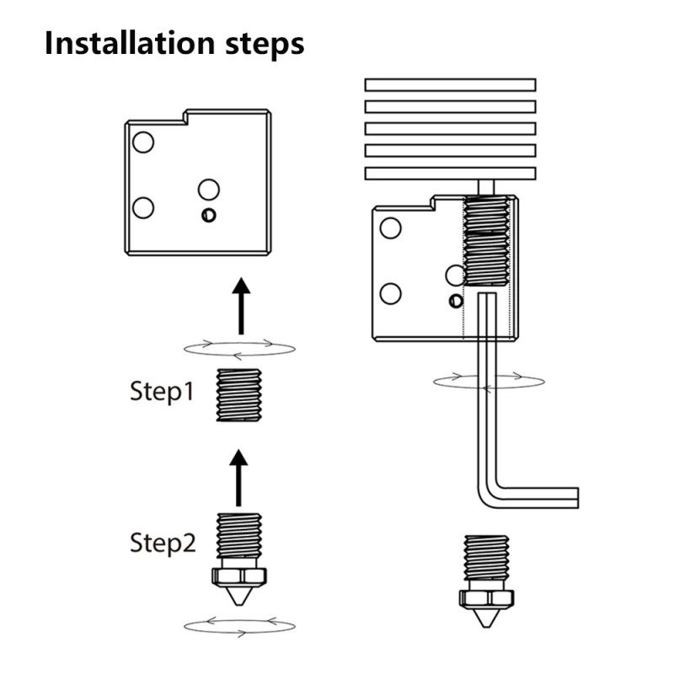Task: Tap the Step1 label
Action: pos(162,392)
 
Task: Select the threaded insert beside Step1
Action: pos(238,395)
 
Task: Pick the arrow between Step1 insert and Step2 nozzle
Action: pos(239,477)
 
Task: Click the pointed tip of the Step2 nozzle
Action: pos(238,601)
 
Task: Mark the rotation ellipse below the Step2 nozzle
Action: pos(239,625)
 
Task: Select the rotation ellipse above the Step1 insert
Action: pos(239,347)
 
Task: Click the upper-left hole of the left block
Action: pos(143,142)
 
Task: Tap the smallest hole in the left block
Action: pos(208,215)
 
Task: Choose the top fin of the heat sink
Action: pos(450,84)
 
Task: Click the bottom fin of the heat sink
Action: pos(450,173)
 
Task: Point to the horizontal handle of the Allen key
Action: pos(539,496)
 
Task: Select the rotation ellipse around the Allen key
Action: pos(489,382)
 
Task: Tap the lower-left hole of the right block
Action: pos(390,293)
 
